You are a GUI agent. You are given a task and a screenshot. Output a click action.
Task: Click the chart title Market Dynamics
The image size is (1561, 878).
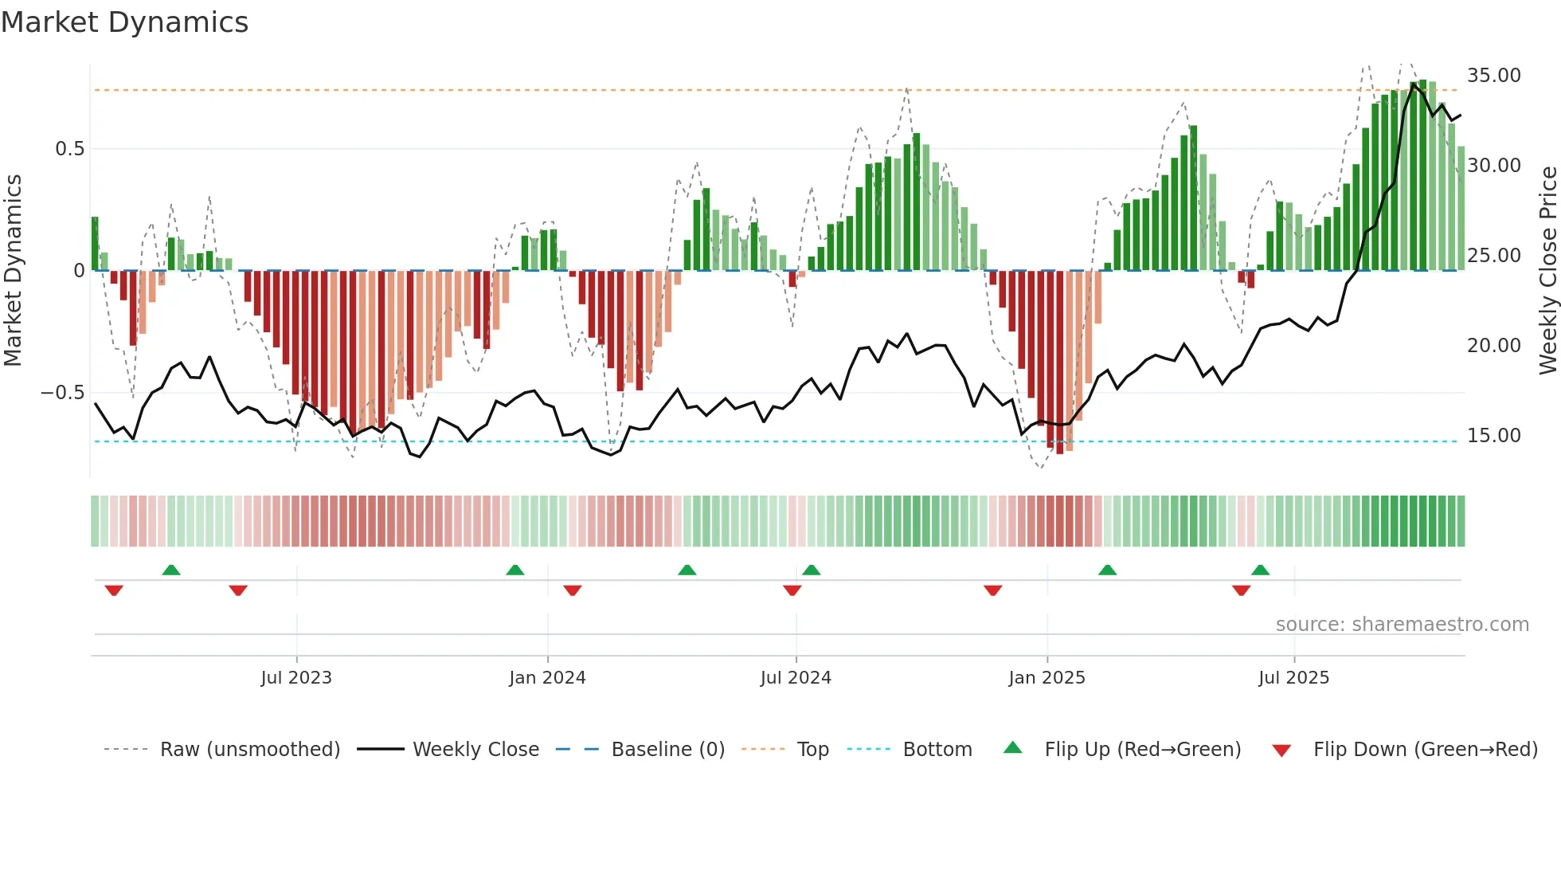[x=124, y=22]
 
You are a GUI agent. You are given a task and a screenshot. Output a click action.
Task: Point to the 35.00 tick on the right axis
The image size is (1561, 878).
[x=1493, y=76]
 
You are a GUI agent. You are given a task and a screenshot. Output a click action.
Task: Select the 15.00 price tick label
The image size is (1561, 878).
[x=1493, y=436]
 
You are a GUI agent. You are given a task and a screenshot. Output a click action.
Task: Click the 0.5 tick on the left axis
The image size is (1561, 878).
[x=69, y=149]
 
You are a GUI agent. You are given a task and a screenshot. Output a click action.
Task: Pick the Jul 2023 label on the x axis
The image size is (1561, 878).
[x=295, y=678]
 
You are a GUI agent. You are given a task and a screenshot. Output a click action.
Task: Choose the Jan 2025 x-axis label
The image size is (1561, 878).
[x=1046, y=678]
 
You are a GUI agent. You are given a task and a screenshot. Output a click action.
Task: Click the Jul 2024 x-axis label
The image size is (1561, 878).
[x=795, y=678]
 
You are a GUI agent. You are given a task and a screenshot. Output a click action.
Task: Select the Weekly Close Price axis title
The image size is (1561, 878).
[x=1547, y=270]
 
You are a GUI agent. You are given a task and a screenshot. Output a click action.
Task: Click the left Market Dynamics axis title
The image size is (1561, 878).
[x=13, y=270]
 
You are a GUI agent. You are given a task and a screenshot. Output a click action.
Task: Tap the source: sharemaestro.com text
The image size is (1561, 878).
[x=1402, y=625]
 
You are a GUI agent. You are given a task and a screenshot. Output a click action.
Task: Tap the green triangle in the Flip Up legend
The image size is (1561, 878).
[x=1012, y=748]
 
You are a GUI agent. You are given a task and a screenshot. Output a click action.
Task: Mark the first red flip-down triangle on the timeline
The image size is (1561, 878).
[x=114, y=590]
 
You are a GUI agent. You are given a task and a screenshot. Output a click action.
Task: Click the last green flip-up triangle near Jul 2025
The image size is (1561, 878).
[x=1260, y=570]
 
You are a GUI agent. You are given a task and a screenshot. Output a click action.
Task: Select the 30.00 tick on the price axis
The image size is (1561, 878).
[x=1493, y=166]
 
